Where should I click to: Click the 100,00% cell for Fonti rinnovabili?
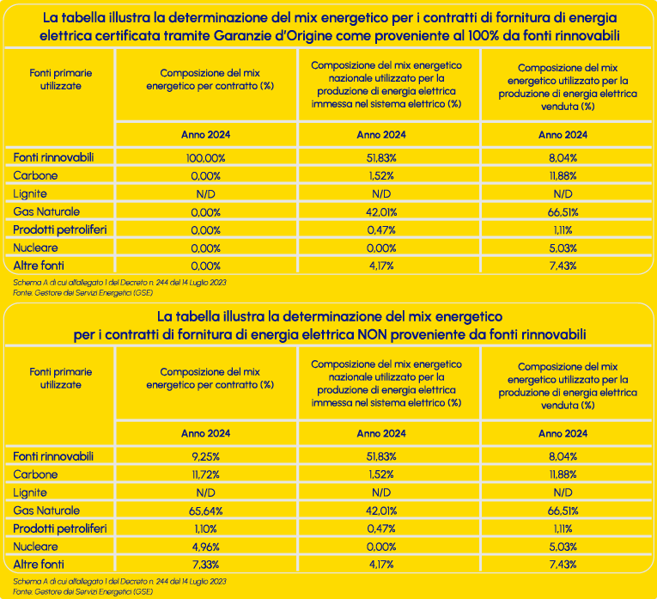pyautogui.click(x=204, y=157)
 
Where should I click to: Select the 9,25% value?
pyautogui.click(x=204, y=455)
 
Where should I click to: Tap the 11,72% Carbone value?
pyautogui.click(x=204, y=474)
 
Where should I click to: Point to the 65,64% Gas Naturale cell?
pyautogui.click(x=204, y=510)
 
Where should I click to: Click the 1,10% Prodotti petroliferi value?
pyautogui.click(x=204, y=529)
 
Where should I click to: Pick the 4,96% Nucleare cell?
pyautogui.click(x=204, y=547)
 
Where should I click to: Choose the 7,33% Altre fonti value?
pyautogui.click(x=204, y=565)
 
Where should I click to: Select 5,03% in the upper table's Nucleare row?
pyautogui.click(x=563, y=248)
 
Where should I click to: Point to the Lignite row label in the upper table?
pyautogui.click(x=30, y=193)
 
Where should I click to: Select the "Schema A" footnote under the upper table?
pyautogui.click(x=120, y=282)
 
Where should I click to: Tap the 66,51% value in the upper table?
pyautogui.click(x=563, y=211)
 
